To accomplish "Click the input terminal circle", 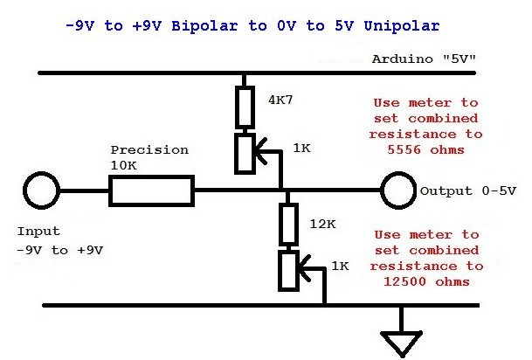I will coord(39,190).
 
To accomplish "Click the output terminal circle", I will coord(397,190).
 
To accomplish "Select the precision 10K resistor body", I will coord(150,190).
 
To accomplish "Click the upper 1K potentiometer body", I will coord(245,151).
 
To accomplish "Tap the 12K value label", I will coord(323,225).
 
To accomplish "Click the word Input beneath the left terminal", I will coord(38,232).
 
